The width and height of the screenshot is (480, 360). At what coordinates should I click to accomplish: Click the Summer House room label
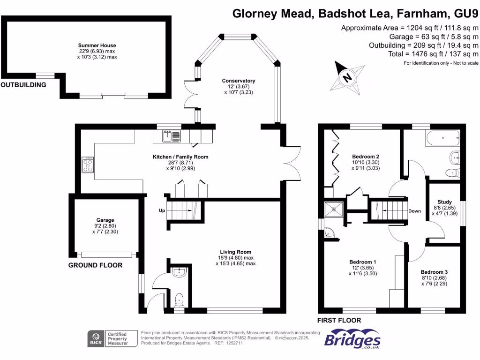point(97,45)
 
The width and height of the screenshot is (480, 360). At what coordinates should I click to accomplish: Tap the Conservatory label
point(239,81)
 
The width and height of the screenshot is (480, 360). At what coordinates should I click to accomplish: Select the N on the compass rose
point(347,77)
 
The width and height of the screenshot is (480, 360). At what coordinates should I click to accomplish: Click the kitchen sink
point(172,136)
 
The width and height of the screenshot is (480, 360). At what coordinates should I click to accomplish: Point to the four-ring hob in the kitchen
point(88,165)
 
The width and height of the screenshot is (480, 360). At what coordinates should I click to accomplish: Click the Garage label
point(105,220)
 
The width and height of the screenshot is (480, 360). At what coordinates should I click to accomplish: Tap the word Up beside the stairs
point(162,210)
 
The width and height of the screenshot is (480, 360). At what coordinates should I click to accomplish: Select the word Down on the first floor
point(414,211)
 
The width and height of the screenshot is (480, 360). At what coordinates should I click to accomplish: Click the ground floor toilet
point(179,300)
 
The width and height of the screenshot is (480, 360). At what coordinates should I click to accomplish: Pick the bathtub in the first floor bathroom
point(442,138)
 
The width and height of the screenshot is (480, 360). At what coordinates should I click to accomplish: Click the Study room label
point(444,202)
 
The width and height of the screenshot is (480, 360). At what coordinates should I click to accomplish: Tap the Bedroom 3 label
point(434,272)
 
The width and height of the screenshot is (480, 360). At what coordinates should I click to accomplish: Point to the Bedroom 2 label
point(366,157)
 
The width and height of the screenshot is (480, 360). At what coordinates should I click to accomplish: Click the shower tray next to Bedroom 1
point(334,210)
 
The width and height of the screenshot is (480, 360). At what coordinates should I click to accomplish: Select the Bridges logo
point(352,339)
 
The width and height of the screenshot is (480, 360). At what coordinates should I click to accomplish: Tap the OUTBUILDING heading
point(23,85)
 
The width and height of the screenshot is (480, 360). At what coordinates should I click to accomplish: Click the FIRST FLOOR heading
point(339,321)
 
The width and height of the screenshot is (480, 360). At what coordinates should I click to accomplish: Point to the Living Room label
point(235,252)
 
